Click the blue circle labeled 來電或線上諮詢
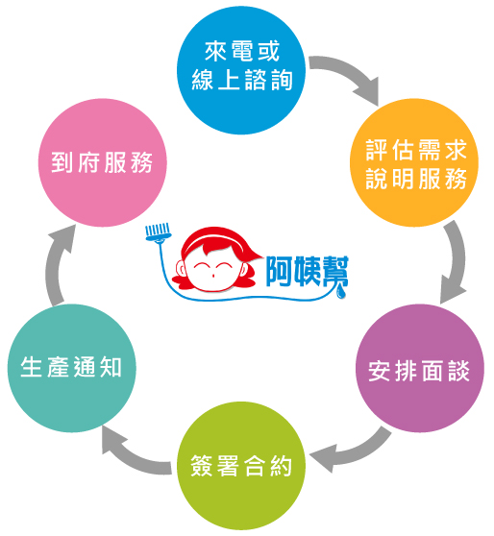click(241, 70)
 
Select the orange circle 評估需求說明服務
click(414, 162)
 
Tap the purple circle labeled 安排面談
click(420, 368)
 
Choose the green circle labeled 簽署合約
click(241, 466)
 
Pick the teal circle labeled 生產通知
click(71, 368)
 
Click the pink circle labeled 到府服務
click(102, 162)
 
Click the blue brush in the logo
click(158, 233)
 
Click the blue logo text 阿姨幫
click(307, 272)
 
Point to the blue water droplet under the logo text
click(341, 292)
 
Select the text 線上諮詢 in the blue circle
click(242, 80)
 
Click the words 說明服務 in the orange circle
click(416, 178)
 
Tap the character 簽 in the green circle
click(201, 466)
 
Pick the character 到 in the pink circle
click(62, 162)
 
